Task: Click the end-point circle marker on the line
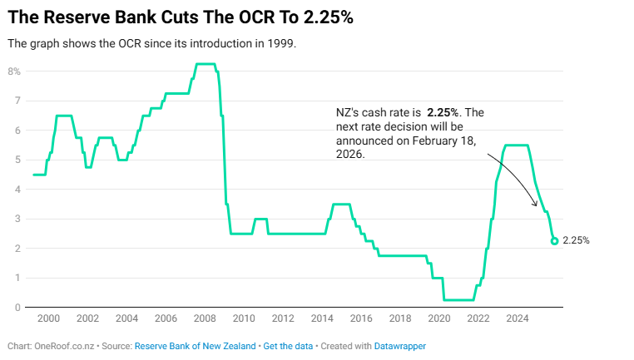[x=554, y=241]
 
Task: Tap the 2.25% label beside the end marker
[x=576, y=241]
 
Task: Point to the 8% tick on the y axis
[x=14, y=72]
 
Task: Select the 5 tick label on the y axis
[x=17, y=160]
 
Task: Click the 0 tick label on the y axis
[x=17, y=308]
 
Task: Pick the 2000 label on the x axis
[x=48, y=318]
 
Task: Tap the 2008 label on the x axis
[x=205, y=318]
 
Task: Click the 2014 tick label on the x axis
[x=322, y=318]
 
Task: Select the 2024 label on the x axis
[x=518, y=318]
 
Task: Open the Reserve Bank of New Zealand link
[x=196, y=346]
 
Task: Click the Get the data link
[x=288, y=346]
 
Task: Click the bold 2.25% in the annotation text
[x=443, y=111]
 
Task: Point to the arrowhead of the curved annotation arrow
[x=534, y=204]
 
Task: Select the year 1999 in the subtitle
[x=280, y=43]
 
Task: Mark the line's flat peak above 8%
[x=206, y=64]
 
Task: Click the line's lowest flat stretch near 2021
[x=458, y=299]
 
